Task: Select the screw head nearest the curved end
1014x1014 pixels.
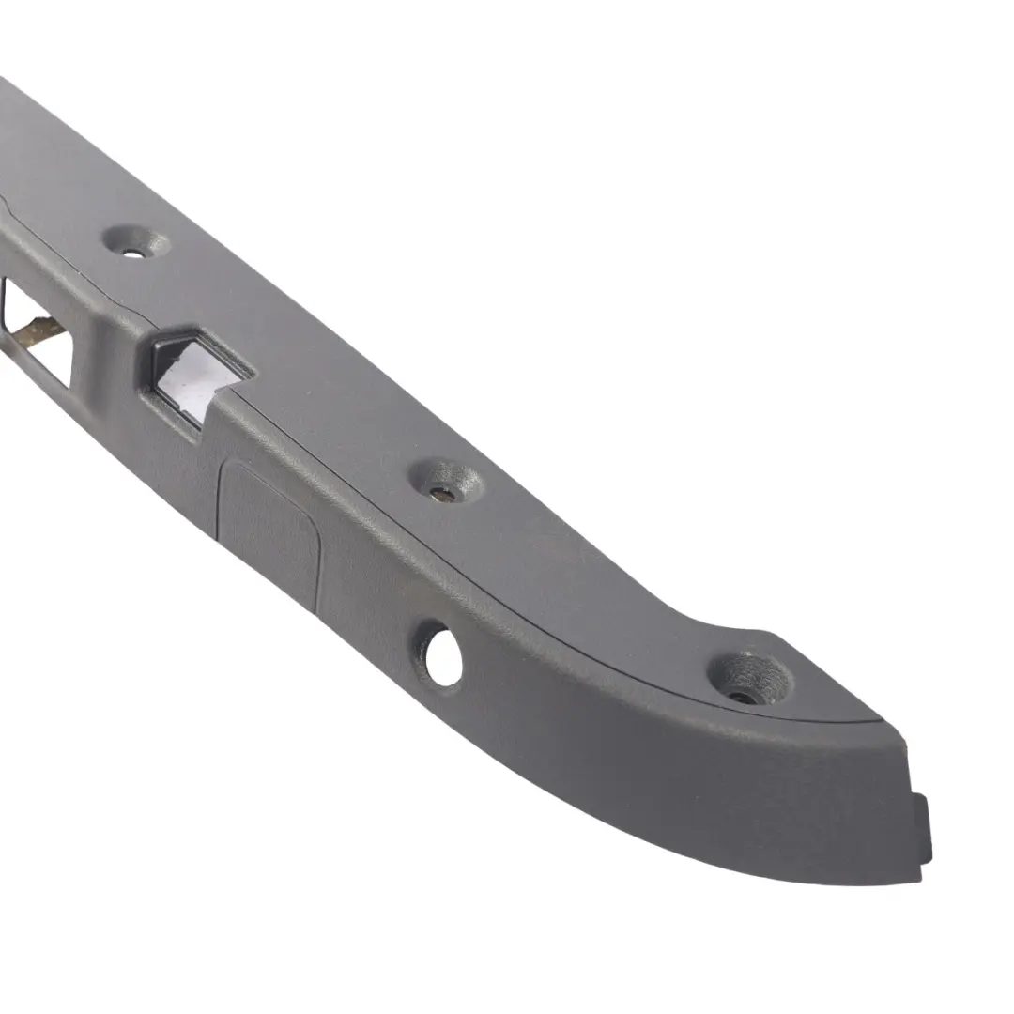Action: click(744, 697)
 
